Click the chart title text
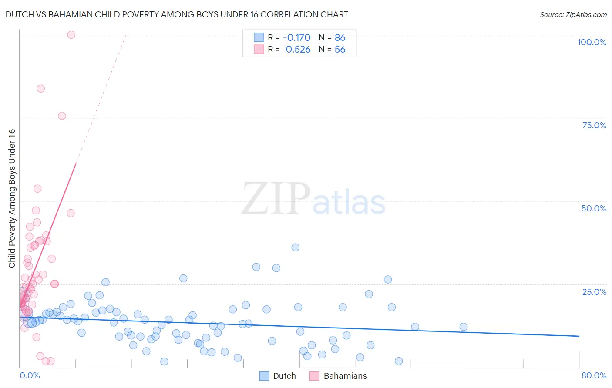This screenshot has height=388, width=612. click(177, 14)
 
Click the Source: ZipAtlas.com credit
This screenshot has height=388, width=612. click(573, 14)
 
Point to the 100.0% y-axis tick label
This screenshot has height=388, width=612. click(592, 42)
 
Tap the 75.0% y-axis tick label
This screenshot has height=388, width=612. click(594, 125)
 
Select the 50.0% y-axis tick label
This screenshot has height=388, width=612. click(594, 208)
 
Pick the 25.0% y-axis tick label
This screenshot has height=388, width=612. click(594, 291)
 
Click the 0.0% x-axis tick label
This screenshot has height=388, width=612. click(30, 375)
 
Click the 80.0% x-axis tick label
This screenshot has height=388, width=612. click(594, 375)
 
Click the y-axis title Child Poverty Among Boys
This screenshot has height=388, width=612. click(12, 198)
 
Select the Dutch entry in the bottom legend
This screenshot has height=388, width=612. click(277, 376)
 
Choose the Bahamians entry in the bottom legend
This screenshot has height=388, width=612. click(338, 376)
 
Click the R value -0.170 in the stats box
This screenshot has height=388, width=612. click(296, 37)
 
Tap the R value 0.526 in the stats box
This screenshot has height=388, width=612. click(298, 49)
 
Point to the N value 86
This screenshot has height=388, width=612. click(340, 37)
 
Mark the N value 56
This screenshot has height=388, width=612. click(340, 49)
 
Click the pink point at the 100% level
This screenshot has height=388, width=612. click(71, 35)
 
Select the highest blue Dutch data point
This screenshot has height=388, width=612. click(296, 248)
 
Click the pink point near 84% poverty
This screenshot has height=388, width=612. click(41, 89)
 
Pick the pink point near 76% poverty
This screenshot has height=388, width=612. click(62, 116)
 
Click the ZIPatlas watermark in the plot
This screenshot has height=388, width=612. click(313, 199)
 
